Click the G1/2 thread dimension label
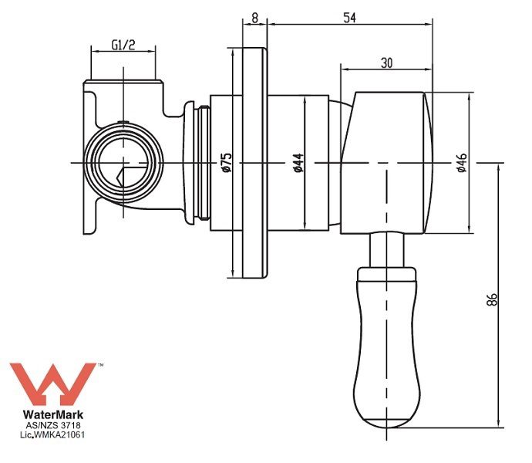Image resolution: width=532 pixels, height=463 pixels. [x=123, y=45]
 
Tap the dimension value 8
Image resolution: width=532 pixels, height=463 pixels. [x=254, y=18]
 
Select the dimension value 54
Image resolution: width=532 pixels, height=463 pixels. [x=349, y=18]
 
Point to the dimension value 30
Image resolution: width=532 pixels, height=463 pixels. [x=386, y=63]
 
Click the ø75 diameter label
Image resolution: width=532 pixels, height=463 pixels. [x=227, y=162]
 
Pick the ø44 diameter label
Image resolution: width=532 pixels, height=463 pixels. [x=298, y=163]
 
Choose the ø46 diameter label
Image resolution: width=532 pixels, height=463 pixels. [x=462, y=163]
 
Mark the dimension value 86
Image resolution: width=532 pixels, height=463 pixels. [x=492, y=299]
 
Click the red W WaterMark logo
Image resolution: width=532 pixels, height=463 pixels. [x=52, y=384]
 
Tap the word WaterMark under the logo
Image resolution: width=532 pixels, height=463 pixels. [x=53, y=414]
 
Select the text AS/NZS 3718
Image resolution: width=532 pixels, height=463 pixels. [x=53, y=425]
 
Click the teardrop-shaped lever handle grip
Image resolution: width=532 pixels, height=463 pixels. [x=386, y=347]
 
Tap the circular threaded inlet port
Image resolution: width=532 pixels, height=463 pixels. [x=123, y=163]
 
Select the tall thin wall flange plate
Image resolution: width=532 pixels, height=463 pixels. [x=254, y=163]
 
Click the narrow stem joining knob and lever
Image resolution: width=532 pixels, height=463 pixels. [x=387, y=250]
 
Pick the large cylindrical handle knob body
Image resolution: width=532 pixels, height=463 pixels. [x=387, y=163]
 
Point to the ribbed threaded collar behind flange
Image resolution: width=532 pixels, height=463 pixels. [x=204, y=163]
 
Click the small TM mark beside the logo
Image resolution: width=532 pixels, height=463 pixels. [x=100, y=365]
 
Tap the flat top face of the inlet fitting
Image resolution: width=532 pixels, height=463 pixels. [x=123, y=81]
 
